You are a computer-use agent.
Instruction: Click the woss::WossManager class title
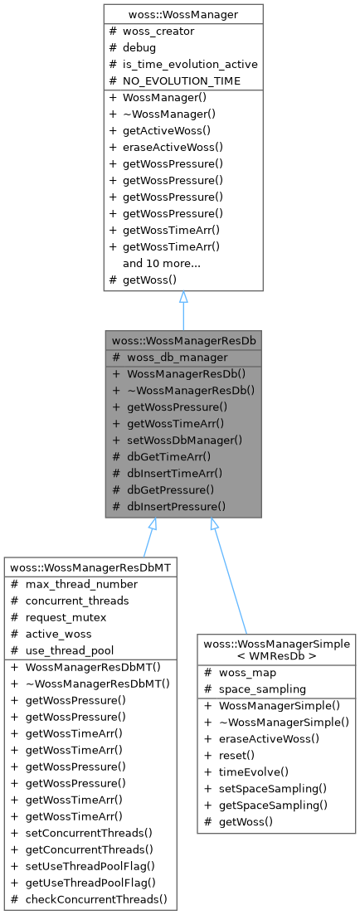pos(183,14)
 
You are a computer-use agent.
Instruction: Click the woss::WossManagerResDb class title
pos(183,340)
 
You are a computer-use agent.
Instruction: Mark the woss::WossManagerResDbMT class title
pos(90,567)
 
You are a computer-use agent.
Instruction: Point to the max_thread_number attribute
pos(80,583)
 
